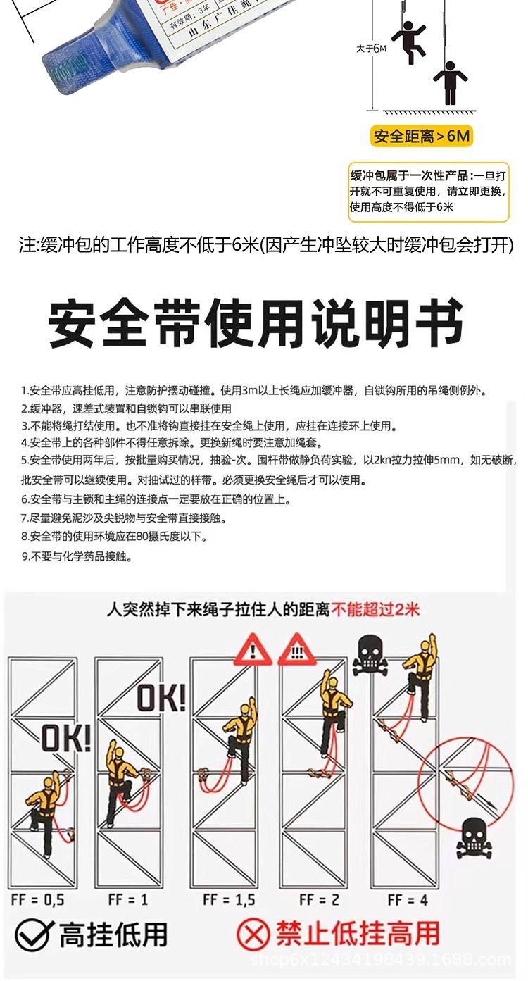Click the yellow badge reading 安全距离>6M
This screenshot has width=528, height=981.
pyautogui.click(x=421, y=136)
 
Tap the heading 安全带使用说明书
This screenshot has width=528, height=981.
pyautogui.click(x=256, y=323)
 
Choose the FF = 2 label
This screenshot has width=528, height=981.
pyautogui.click(x=320, y=900)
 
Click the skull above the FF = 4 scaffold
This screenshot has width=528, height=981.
pyautogui.click(x=370, y=654)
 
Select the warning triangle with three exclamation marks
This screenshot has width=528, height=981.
pyautogui.click(x=296, y=650)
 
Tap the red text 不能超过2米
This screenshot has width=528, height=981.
pyautogui.click(x=375, y=608)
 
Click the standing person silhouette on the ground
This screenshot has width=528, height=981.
pyautogui.click(x=450, y=83)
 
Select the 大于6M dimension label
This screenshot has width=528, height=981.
pyautogui.click(x=372, y=49)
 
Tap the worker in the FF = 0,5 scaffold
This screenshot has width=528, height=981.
pyautogui.click(x=46, y=810)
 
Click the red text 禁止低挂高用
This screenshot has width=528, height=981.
pyautogui.click(x=357, y=935)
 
